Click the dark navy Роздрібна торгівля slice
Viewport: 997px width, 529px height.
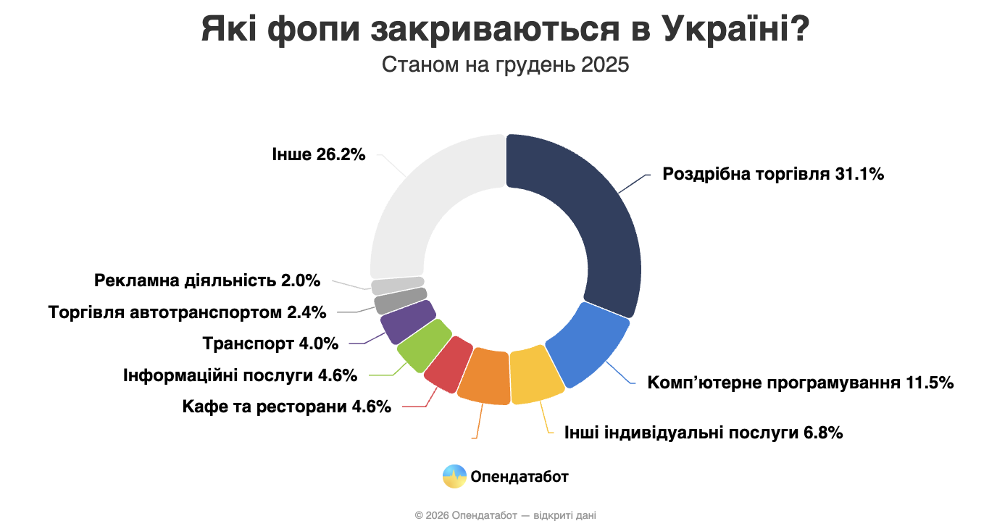587,217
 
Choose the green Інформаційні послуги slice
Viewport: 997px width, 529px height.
424,345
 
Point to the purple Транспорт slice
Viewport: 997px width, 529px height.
407,322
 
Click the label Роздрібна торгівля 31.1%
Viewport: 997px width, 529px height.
773,174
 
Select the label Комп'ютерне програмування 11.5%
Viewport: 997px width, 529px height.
800,382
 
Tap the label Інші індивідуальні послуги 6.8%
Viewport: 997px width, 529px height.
704,433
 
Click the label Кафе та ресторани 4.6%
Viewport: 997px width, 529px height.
287,406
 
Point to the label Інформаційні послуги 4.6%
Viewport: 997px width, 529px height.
240,375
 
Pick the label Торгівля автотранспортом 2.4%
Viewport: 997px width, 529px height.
187,313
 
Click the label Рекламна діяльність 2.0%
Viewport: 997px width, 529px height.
207,280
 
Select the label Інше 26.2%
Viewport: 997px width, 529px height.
318,154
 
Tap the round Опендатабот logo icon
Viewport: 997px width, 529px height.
454,476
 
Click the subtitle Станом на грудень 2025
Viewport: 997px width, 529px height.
505,64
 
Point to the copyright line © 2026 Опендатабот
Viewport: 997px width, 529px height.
505,515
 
